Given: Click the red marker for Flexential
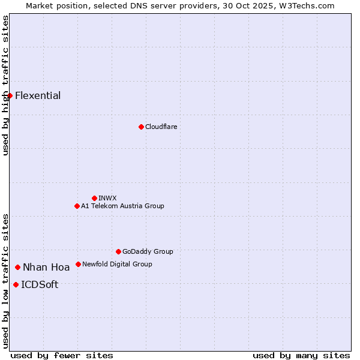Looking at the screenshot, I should pyautogui.click(x=10, y=95).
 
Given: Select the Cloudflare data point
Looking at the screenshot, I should pyautogui.click(x=141, y=127).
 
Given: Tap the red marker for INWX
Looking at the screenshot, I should pyautogui.click(x=94, y=198).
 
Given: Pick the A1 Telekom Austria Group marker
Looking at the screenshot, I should pyautogui.click(x=77, y=206).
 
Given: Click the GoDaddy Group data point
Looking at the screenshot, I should pyautogui.click(x=118, y=251).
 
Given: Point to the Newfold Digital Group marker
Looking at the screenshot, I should pyautogui.click(x=78, y=264).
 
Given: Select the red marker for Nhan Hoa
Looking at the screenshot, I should pyautogui.click(x=18, y=267).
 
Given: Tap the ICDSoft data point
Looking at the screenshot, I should pyautogui.click(x=16, y=284).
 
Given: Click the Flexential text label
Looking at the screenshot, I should pyautogui.click(x=38, y=95).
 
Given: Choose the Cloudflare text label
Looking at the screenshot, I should pyautogui.click(x=161, y=127).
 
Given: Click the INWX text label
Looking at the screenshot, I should pyautogui.click(x=107, y=198).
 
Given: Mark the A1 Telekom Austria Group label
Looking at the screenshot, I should pyautogui.click(x=122, y=206).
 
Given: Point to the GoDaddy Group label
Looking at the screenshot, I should pyautogui.click(x=148, y=251).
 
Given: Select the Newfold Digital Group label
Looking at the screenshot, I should pyautogui.click(x=117, y=264).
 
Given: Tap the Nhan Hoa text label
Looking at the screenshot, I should pyautogui.click(x=46, y=268).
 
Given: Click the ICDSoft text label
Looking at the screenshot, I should pyautogui.click(x=40, y=285).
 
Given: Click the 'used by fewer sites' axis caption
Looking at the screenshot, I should pyautogui.click(x=62, y=356).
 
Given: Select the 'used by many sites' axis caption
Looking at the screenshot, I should pyautogui.click(x=301, y=356).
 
